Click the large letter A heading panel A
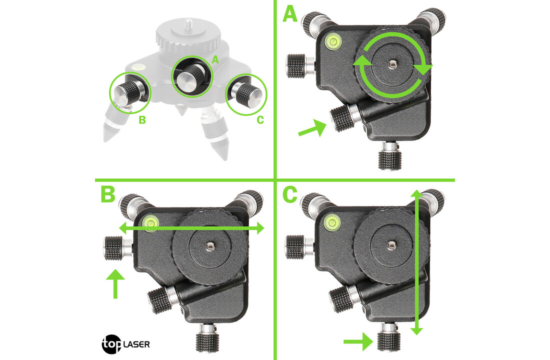coord(290,14)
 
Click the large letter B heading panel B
coord(107,194)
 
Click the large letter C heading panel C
coord(289,194)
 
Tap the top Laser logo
coord(126,344)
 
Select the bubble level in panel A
coord(332,42)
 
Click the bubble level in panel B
coord(151,222)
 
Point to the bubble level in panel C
coord(332,222)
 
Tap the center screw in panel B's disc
coord(210,246)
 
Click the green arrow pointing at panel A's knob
coord(312,127)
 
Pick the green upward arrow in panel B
coord(115,283)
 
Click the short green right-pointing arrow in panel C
coord(358,341)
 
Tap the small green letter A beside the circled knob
coord(215,60)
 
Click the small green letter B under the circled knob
coord(142,120)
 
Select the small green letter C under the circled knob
coord(260,120)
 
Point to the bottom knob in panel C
coord(389,336)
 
